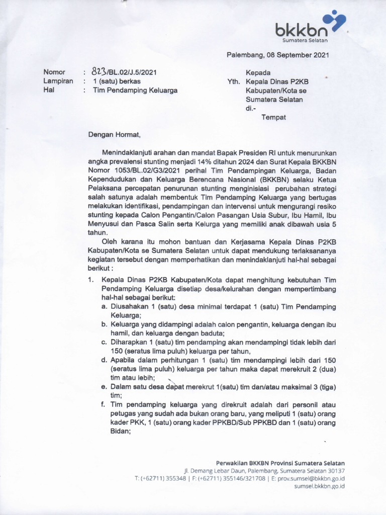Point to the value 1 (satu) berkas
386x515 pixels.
point(114,81)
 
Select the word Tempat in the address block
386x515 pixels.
point(273,117)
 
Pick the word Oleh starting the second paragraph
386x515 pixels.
point(109,241)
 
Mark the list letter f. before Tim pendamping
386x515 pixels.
point(103,404)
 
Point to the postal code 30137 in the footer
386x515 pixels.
point(335,471)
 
